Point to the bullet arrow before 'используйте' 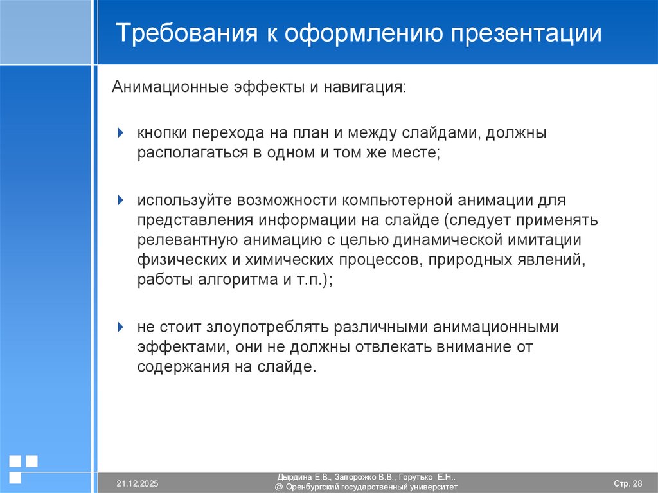click(x=121, y=201)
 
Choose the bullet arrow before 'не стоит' click(x=121, y=327)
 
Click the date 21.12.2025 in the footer click(x=138, y=483)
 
